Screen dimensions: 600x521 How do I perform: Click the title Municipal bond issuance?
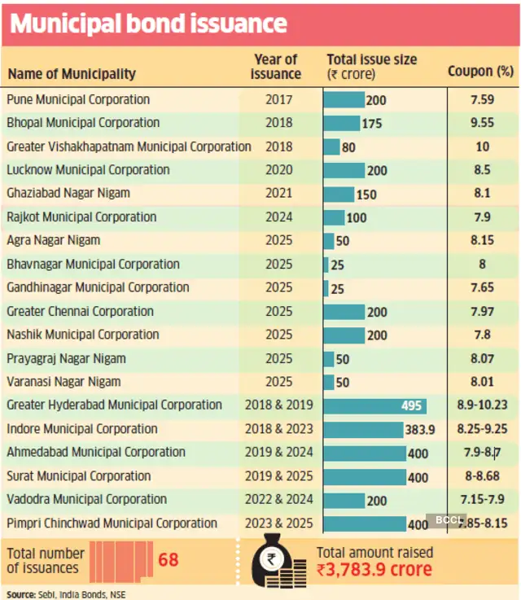click(148, 23)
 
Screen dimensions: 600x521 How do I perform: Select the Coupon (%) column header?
click(480, 71)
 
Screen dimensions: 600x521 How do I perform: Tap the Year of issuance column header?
click(277, 66)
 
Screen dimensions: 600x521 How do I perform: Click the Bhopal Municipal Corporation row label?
click(83, 123)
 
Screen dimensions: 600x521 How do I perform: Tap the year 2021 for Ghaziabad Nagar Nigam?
click(277, 194)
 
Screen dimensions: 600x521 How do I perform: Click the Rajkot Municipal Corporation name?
click(81, 217)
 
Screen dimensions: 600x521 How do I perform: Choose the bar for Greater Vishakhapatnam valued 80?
click(331, 147)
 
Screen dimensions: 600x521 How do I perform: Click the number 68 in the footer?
click(168, 560)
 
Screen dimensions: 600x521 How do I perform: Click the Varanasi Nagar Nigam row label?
click(63, 382)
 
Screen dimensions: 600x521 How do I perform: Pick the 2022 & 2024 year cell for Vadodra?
click(277, 500)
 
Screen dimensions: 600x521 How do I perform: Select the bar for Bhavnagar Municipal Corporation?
click(326, 265)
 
